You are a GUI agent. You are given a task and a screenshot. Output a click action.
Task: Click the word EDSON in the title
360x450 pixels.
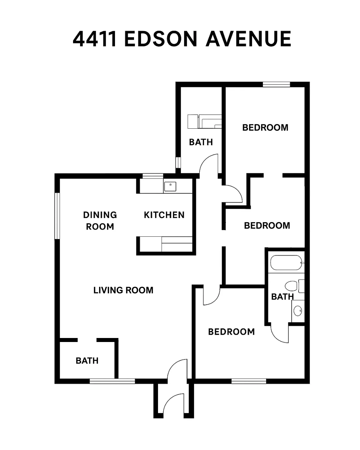tap(161, 39)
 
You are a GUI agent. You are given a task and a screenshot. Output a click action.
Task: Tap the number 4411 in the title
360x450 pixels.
tap(95, 39)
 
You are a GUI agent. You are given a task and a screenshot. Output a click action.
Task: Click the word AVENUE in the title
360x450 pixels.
tap(248, 39)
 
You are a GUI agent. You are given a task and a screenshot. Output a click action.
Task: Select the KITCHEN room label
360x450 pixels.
tap(164, 215)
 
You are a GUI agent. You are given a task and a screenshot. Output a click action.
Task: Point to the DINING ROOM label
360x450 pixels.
tap(100, 221)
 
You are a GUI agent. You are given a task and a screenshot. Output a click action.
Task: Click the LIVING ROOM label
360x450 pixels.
tap(123, 290)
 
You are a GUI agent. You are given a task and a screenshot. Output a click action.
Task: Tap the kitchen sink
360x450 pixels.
tap(170, 186)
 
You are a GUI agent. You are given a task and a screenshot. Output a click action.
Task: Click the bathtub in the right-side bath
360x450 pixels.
tap(286, 263)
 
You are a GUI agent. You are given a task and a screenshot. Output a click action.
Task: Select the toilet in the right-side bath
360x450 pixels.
tap(291, 286)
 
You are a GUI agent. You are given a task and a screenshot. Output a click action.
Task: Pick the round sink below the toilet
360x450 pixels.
tap(297, 311)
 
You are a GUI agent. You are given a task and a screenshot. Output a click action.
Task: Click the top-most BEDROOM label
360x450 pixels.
tap(265, 128)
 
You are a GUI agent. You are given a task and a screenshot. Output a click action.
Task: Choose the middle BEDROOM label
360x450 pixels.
tap(267, 226)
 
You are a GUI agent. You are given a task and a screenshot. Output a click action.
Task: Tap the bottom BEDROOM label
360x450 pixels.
tap(231, 332)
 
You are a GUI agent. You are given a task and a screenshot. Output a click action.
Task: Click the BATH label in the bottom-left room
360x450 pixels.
tap(87, 361)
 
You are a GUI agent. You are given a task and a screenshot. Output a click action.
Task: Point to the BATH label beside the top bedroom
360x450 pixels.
tap(201, 142)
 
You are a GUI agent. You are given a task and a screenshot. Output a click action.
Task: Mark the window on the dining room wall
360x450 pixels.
tap(57, 216)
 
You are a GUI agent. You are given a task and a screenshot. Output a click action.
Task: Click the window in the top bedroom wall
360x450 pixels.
tap(276, 84)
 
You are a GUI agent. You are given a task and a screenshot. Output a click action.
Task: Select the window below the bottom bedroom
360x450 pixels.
tap(249, 381)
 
